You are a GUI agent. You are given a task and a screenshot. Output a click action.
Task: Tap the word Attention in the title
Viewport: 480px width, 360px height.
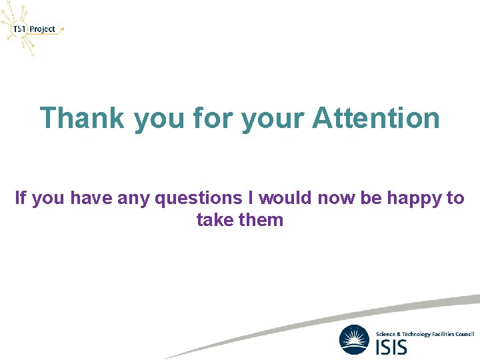pos(376,119)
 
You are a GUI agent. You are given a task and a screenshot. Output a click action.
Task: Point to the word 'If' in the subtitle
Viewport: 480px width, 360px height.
pos(20,198)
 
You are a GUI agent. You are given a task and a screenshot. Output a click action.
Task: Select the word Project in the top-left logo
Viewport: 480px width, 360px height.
pos(43,29)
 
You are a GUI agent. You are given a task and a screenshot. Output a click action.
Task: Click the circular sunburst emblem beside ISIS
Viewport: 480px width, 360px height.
pos(354,339)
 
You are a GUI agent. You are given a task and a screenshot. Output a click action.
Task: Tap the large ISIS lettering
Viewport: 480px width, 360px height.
pos(393,346)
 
